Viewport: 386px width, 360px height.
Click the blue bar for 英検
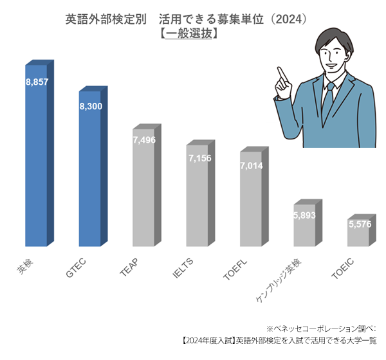click(x=36, y=161)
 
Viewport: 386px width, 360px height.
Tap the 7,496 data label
click(x=143, y=139)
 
